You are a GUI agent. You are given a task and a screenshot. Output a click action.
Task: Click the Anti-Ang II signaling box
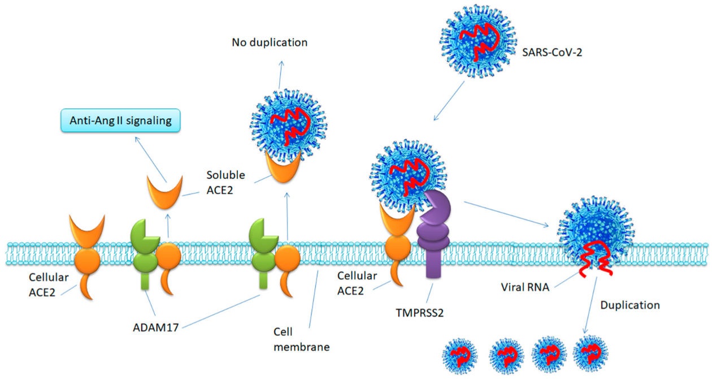coord(120,120)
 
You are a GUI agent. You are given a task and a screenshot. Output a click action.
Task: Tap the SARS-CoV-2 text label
coord(552,52)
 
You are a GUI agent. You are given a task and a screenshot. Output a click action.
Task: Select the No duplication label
coord(270,42)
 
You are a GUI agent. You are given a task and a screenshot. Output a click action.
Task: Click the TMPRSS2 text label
coord(419,313)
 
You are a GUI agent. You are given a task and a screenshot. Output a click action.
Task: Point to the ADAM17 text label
coord(156,328)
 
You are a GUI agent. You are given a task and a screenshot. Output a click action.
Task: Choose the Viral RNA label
coord(525,287)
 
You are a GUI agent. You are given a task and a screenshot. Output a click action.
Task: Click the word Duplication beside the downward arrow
coord(630,305)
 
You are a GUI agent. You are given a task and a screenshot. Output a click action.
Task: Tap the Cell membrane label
coord(301,339)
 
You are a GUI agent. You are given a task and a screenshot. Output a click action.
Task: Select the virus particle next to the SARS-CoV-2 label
coord(478,41)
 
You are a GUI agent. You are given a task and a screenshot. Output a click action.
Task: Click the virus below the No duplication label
coord(289,126)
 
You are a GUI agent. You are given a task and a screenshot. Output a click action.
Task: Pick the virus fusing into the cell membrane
coord(596,233)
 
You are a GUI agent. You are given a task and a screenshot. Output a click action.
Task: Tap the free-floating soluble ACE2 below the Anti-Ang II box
coord(164,192)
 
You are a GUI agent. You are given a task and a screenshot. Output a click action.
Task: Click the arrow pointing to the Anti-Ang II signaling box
coord(151,160)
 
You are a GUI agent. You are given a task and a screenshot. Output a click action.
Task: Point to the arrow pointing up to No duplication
coord(280,75)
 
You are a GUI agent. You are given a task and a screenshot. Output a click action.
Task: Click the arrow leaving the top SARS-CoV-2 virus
coord(449,101)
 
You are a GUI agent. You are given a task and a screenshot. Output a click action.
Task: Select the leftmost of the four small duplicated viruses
coord(460,355)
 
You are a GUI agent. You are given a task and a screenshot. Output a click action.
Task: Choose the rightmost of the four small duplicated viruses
coord(591,353)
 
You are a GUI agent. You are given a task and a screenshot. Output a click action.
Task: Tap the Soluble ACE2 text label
coord(225,182)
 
